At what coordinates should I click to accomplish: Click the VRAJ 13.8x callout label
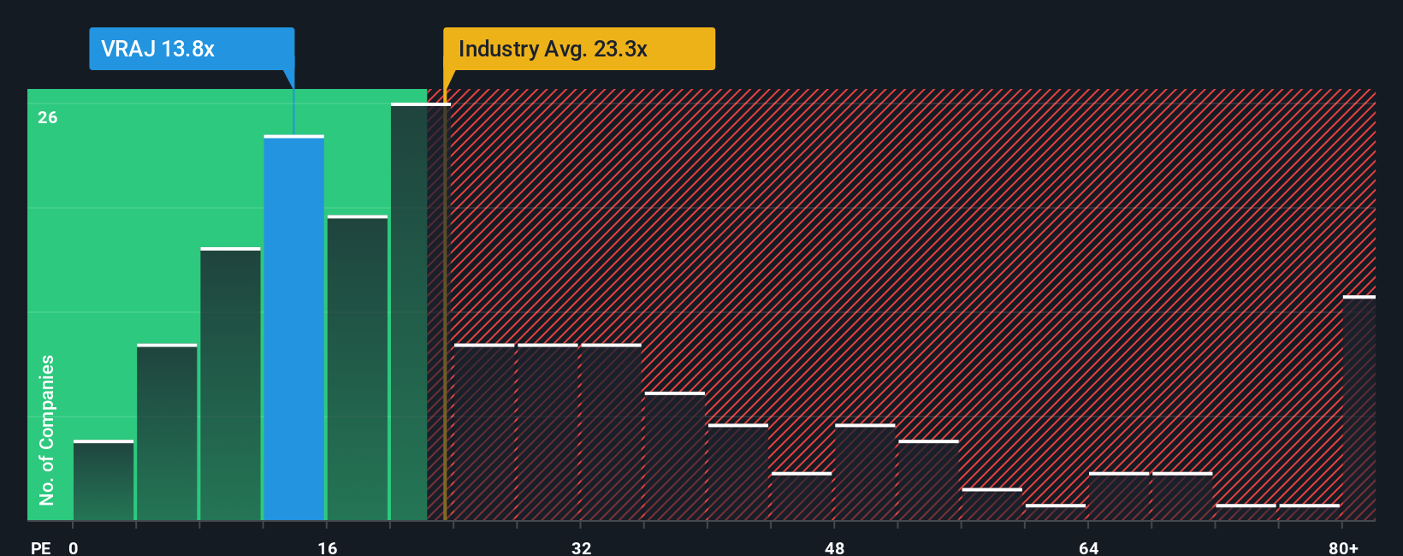(192, 49)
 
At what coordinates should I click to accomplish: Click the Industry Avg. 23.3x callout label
(578, 49)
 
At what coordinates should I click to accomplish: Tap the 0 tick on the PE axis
(74, 547)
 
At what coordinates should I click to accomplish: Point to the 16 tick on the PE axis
(328, 547)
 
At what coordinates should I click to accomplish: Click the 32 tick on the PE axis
(581, 547)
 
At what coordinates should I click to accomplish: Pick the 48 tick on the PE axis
(835, 547)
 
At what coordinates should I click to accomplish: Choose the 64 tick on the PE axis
(1088, 547)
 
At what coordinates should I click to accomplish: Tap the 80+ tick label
(1343, 547)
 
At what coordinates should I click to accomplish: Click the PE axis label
(40, 547)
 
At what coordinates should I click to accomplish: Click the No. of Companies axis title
(47, 429)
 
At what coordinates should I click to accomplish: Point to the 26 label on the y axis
(48, 117)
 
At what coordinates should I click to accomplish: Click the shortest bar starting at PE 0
(104, 481)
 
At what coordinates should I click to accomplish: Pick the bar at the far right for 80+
(1359, 408)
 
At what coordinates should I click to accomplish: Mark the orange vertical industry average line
(445, 308)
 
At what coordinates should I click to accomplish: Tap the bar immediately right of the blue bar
(358, 368)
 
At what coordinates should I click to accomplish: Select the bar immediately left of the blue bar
(230, 384)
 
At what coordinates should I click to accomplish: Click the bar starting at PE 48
(865, 472)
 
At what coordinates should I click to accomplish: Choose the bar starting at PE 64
(1119, 496)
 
